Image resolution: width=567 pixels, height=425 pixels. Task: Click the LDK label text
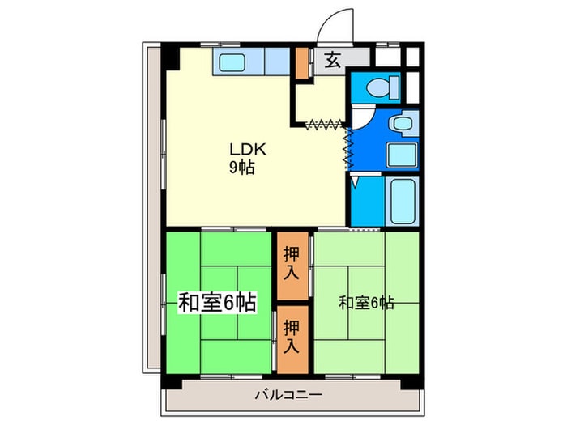click(242, 149)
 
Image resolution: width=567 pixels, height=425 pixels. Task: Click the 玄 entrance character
click(332, 59)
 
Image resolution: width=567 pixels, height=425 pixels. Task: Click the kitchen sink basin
click(237, 61)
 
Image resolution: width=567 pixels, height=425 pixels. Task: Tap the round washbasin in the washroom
click(401, 124)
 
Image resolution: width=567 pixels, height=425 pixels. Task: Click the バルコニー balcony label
click(289, 395)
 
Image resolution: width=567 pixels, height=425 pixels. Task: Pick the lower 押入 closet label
click(292, 337)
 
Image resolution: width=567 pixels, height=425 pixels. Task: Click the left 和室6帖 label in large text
click(217, 304)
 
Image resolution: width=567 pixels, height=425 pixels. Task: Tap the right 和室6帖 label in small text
click(366, 303)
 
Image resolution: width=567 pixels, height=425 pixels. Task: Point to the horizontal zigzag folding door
click(326, 125)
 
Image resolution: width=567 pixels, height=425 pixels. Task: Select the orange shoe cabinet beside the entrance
click(302, 63)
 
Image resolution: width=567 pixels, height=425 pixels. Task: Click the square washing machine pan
click(402, 155)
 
